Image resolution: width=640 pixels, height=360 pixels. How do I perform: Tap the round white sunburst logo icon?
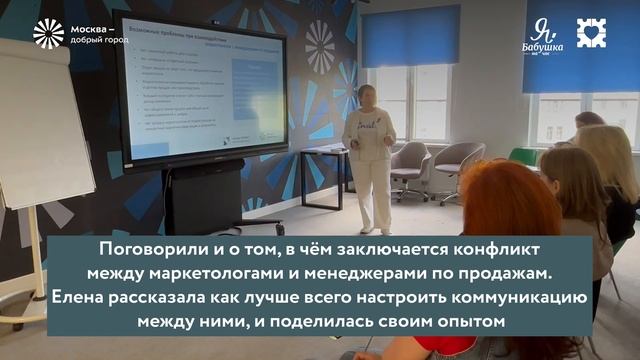(48, 34)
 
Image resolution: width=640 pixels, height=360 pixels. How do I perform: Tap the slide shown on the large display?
(200, 96)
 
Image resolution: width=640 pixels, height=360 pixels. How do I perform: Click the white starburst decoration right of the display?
(320, 46)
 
